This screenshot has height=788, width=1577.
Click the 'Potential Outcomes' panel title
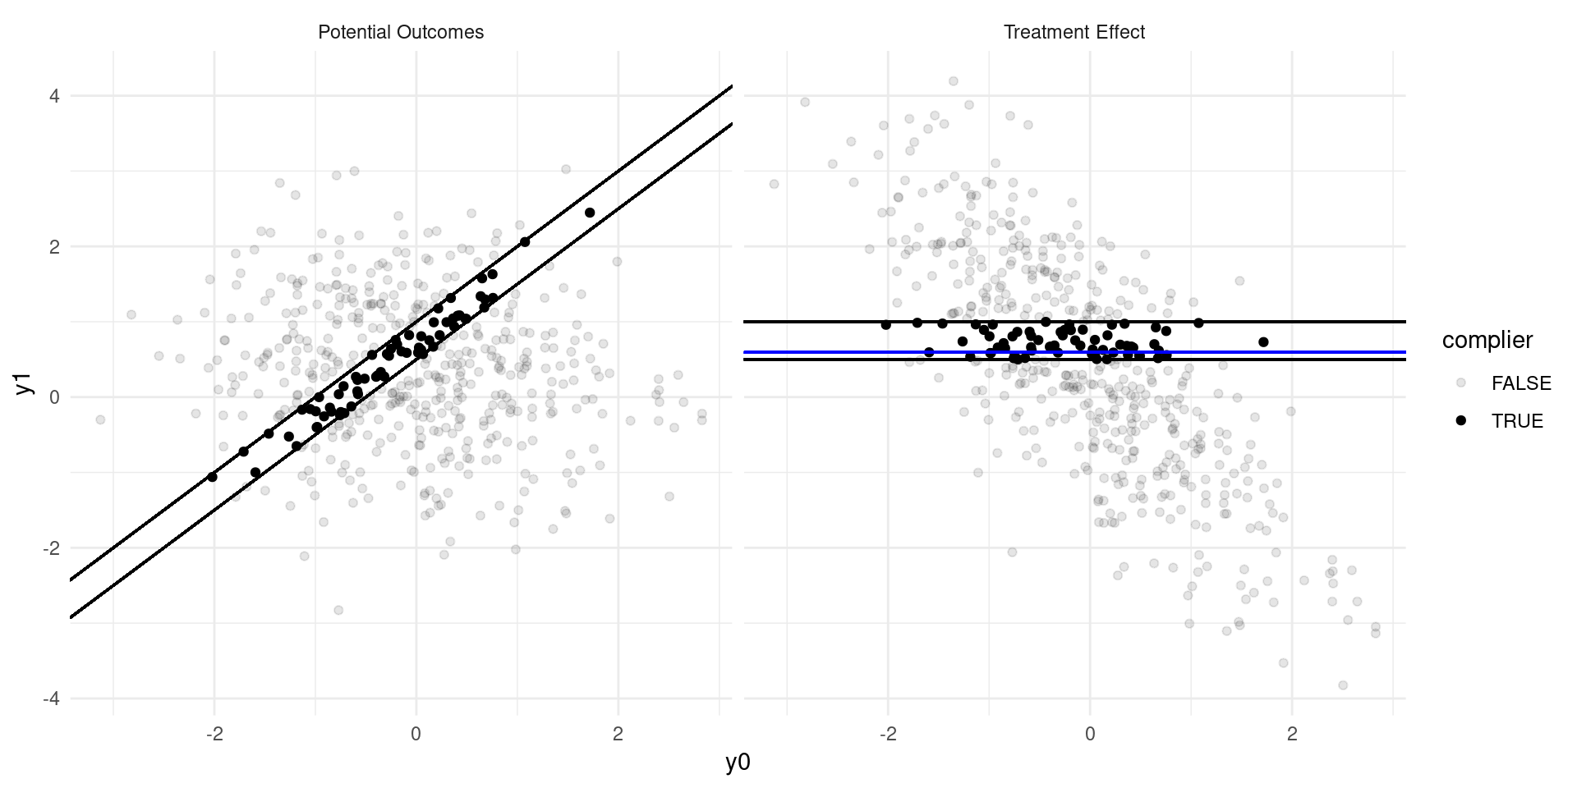click(401, 33)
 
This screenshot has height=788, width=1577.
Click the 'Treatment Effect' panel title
click(1074, 33)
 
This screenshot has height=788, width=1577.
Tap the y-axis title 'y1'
click(25, 383)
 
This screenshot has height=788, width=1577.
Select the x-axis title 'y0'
click(738, 763)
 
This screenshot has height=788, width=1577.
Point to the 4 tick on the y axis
click(54, 97)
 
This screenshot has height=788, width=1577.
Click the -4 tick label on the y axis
click(51, 699)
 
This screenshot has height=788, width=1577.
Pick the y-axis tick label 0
click(54, 398)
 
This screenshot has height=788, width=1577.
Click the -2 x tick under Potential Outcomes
click(214, 735)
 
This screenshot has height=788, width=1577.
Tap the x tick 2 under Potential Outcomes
click(618, 735)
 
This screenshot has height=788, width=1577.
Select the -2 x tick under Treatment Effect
click(887, 735)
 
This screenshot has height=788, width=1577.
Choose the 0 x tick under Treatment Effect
click(1090, 735)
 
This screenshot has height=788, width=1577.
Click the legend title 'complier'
click(1487, 341)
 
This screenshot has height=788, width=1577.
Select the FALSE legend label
click(1521, 383)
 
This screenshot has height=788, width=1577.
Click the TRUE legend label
click(1517, 421)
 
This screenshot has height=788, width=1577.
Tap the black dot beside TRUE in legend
click(1460, 421)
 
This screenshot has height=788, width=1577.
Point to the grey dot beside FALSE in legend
click(1460, 383)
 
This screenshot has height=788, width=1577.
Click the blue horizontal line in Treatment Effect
click(1314, 352)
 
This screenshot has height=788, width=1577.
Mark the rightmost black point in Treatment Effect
click(1263, 342)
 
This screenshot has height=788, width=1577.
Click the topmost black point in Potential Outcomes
click(590, 213)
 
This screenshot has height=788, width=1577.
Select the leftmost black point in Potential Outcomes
click(212, 477)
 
